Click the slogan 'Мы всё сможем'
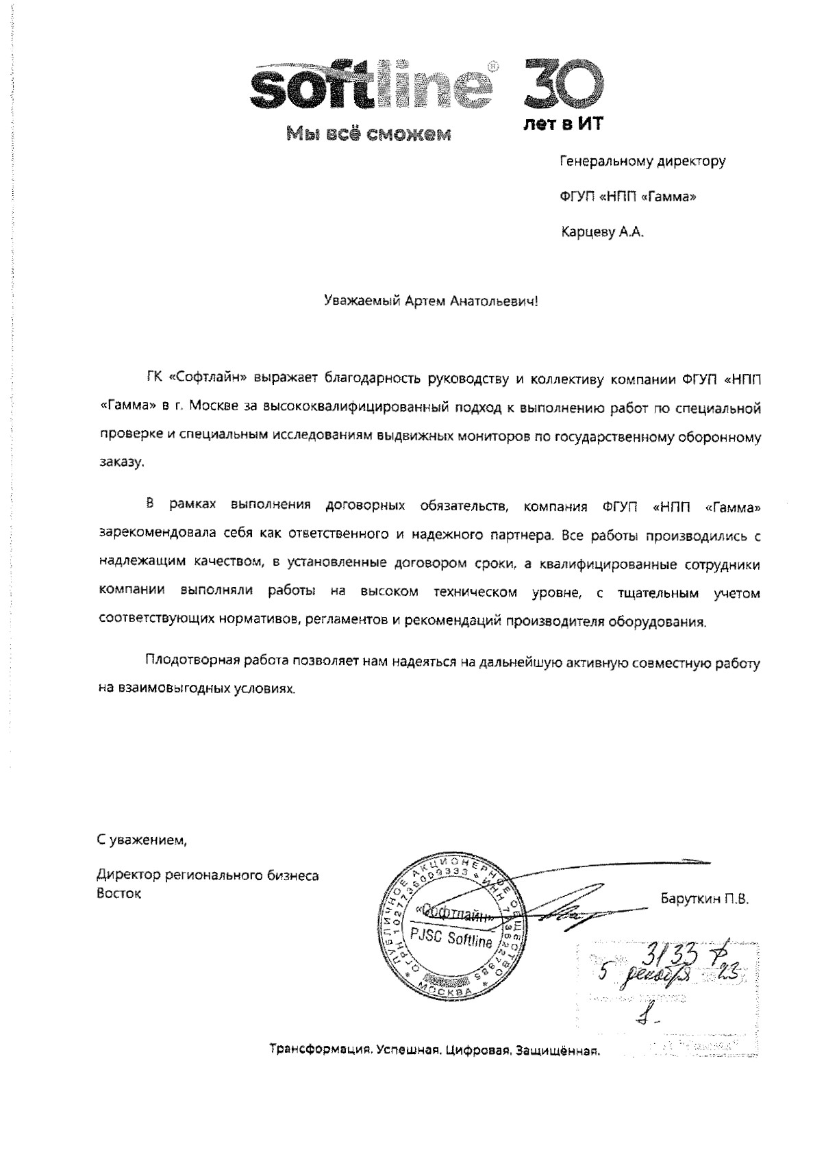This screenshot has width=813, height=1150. click(368, 133)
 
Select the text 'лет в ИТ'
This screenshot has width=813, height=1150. click(562, 124)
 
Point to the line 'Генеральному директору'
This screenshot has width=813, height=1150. click(642, 162)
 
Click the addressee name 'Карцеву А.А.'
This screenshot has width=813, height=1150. click(603, 232)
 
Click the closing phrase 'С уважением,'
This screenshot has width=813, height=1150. click(141, 838)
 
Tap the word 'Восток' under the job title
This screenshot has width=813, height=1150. click(119, 893)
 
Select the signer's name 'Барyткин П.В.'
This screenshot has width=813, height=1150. click(704, 899)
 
